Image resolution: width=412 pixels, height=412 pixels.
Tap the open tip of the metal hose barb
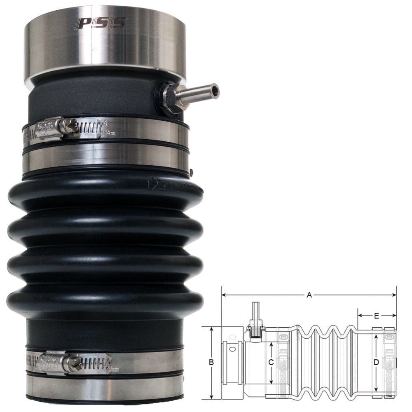coord(215,89)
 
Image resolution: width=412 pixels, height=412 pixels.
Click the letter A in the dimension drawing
coord(309,295)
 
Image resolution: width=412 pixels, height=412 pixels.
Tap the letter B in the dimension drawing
coord(211,363)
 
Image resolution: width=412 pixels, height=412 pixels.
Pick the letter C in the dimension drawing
coord(271,363)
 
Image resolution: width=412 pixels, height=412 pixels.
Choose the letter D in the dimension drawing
coord(376,363)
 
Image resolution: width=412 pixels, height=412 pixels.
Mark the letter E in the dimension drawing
coord(377,316)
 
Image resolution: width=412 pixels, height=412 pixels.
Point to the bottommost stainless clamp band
coord(105,387)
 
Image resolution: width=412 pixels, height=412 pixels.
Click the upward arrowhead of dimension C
coord(271,344)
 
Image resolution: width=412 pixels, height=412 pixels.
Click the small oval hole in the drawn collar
coord(233,349)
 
